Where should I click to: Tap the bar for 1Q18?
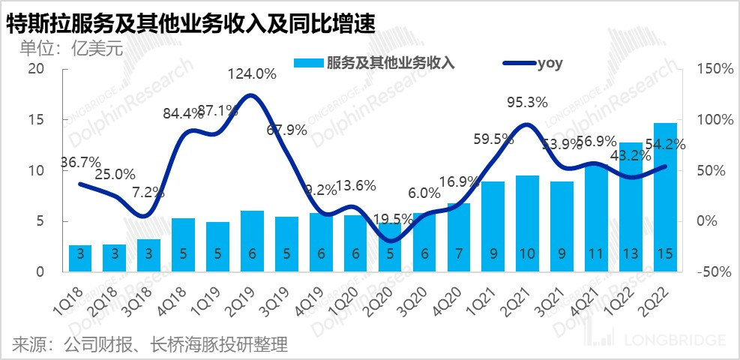[81, 258]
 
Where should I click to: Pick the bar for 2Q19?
[252, 241]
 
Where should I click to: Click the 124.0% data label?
[252, 74]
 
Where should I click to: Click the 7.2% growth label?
[148, 191]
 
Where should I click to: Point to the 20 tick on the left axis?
[36, 69]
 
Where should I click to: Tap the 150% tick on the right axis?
[713, 69]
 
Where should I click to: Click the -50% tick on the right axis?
[713, 272]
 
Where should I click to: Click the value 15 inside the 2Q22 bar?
[664, 254]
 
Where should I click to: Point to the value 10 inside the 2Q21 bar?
[527, 254]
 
